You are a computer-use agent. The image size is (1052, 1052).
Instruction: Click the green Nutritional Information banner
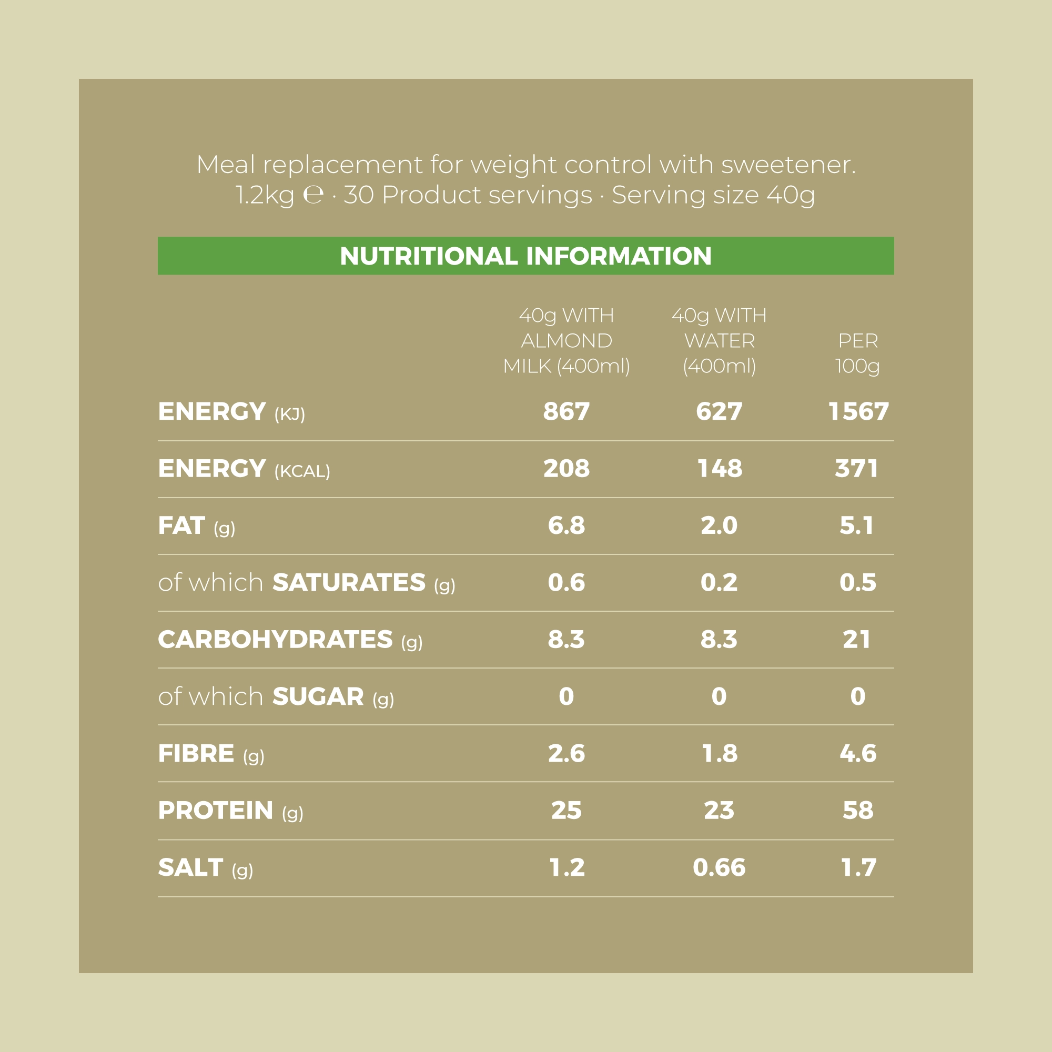[525, 256]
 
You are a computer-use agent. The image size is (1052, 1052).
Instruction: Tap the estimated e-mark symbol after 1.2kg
[313, 196]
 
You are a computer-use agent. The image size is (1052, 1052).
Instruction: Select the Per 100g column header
[857, 353]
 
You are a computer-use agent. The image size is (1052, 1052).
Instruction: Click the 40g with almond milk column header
[567, 341]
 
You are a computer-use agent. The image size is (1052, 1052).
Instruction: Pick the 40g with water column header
[719, 341]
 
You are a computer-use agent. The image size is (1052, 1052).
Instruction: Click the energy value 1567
[858, 412]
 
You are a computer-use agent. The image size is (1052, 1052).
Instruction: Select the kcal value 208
[567, 468]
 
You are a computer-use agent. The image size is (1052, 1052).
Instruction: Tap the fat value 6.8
[567, 525]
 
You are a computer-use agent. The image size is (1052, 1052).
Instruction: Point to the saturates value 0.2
[719, 583]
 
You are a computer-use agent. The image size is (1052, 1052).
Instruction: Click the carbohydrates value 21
[857, 639]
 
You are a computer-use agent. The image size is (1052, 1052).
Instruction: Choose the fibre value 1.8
[719, 754]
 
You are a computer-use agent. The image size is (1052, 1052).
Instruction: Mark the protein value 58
[858, 810]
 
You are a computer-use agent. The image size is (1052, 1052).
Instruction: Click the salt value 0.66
[719, 867]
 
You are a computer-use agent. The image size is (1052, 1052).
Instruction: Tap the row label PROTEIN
[216, 810]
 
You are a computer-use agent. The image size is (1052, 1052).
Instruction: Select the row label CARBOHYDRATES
[275, 639]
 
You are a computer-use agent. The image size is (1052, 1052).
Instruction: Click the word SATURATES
[349, 583]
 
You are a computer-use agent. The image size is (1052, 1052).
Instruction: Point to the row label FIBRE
[196, 754]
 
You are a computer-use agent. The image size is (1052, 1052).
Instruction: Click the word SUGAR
[318, 696]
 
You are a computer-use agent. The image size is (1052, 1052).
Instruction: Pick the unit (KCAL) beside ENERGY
[302, 471]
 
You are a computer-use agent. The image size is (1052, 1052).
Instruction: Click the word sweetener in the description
[788, 165]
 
